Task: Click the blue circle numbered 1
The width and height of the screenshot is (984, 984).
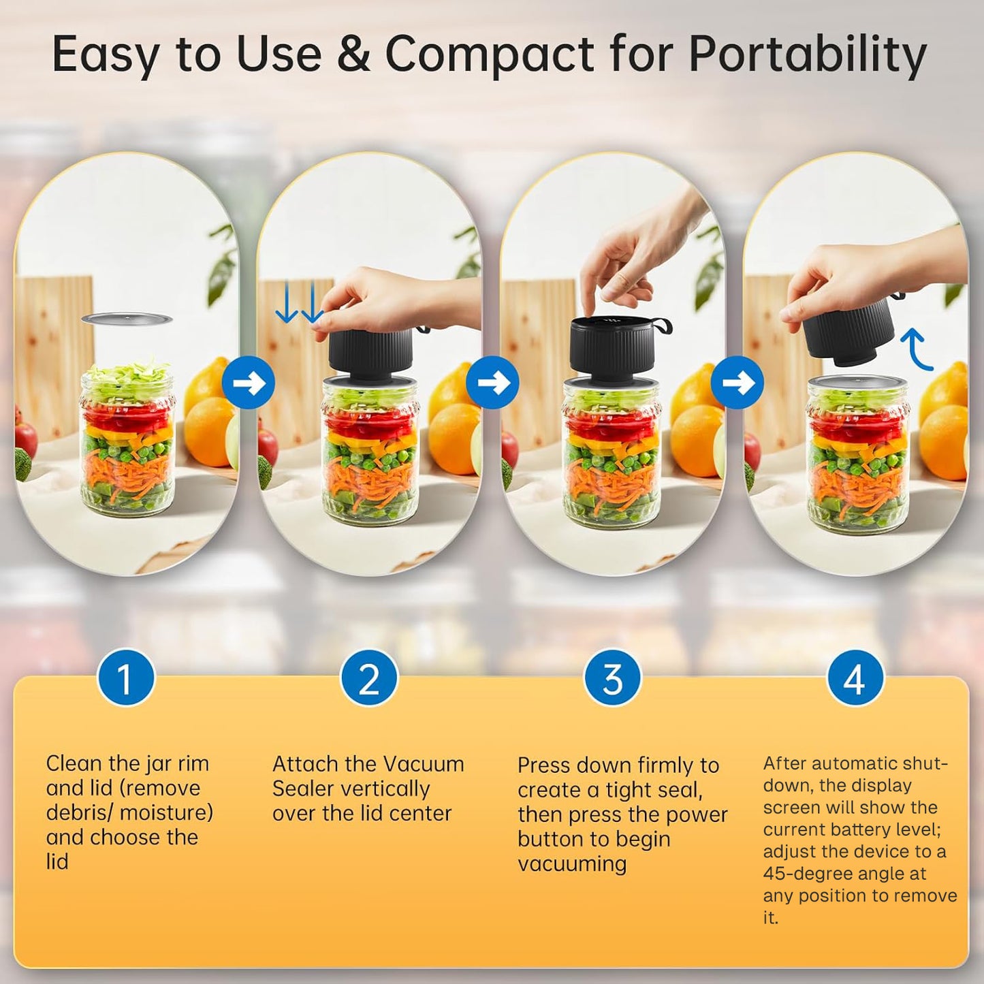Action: (125, 679)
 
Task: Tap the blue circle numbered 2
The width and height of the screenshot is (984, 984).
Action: (368, 679)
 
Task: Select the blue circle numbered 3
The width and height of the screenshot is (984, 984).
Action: (612, 679)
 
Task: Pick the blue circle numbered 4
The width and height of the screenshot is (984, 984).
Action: (855, 679)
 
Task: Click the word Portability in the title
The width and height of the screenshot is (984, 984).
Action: (808, 55)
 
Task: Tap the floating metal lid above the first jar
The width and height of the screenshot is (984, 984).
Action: (127, 319)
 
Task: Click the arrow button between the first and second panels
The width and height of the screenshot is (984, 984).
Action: (249, 383)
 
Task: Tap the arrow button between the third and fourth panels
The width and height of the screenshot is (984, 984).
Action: (736, 383)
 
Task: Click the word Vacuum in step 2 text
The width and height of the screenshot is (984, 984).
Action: (424, 765)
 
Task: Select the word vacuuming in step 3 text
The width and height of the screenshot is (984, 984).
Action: (572, 865)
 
